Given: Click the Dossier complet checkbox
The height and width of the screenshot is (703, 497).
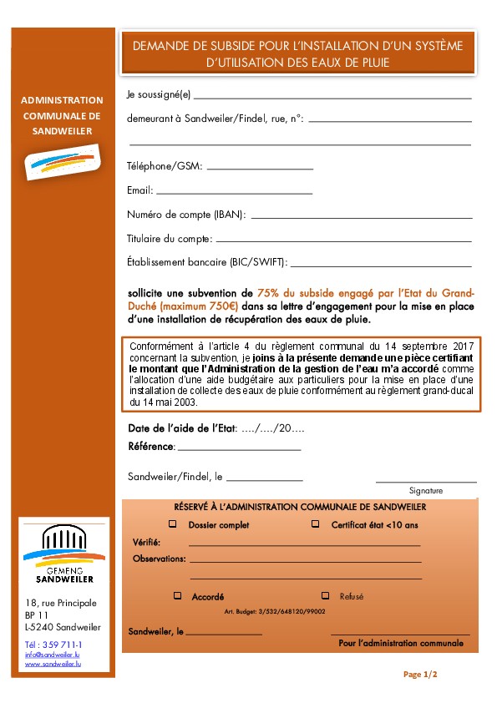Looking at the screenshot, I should coord(173,524).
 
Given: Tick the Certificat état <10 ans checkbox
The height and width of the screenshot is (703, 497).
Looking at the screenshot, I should coord(315,524).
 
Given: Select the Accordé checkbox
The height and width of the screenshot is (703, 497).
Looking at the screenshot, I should coord(177,596).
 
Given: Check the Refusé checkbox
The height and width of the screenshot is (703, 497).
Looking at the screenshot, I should coord(325,596).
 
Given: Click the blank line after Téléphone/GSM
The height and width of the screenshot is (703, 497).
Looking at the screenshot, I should coord(259,169).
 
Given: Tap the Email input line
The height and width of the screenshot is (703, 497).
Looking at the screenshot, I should coord(234,193).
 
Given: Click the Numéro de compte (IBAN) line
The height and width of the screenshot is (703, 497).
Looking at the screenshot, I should coord(361,217).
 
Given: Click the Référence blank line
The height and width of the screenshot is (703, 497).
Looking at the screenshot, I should coord(239,449).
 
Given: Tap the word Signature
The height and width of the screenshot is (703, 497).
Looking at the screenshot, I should coord(426,491).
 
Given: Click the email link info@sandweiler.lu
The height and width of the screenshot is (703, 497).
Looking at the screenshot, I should coord(53,655).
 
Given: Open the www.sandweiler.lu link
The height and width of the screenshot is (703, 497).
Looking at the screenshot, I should coord(53,665).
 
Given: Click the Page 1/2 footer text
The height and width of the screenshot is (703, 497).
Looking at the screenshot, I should coord(420,673).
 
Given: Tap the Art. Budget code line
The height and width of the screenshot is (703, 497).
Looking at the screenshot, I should coord(275,612).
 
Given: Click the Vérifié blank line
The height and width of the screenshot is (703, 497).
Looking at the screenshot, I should coord(304,544).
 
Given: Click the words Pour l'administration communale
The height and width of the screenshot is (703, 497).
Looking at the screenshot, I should coord(400,643).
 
